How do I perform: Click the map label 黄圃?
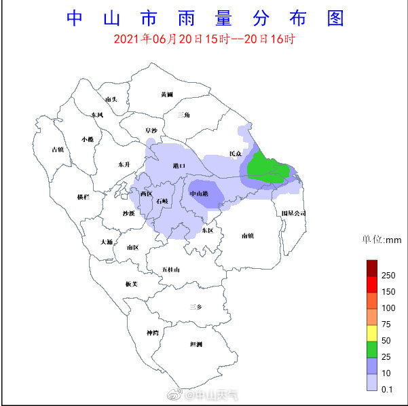[x=167, y=94]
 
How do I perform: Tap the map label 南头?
[x=112, y=100]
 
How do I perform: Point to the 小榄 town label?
[x=88, y=139]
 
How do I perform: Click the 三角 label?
[x=183, y=115]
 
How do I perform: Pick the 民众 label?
[x=236, y=153]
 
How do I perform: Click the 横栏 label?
[x=83, y=197]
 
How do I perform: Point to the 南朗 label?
[x=247, y=236]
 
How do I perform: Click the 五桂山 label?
[x=171, y=270]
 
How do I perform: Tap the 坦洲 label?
[x=196, y=344]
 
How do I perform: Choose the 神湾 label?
[x=153, y=333]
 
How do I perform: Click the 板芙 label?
[x=132, y=284]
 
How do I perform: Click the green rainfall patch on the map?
[x=267, y=168]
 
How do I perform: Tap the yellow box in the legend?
[x=371, y=333]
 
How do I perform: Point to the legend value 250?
[x=388, y=276]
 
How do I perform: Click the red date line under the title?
[x=204, y=39]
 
